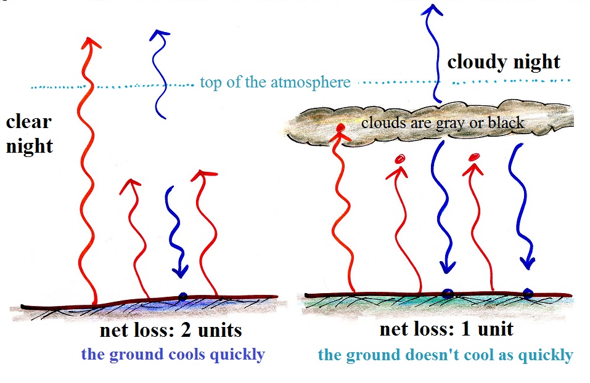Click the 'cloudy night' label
504,62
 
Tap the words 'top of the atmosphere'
275,82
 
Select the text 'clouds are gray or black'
443,123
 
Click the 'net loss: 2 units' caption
171,331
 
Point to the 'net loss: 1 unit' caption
446,329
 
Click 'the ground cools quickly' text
173,355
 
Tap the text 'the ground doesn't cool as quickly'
446,355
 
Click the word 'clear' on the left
28,122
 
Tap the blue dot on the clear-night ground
182,297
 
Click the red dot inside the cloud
340,128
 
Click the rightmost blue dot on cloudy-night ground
528,293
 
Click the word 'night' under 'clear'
30,147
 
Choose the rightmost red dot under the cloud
475,157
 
